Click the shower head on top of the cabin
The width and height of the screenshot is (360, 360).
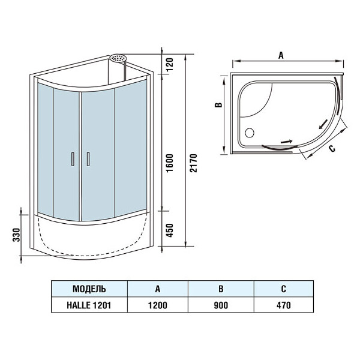tap(119, 59)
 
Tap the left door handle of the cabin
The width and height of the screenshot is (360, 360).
tap(72, 159)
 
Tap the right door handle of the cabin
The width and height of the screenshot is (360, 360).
tap(88, 159)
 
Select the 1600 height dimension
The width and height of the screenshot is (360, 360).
tap(170, 162)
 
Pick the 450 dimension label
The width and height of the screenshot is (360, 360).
tap(170, 230)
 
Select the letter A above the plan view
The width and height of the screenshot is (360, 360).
tap(281, 54)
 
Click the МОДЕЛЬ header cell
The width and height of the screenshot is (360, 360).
tap(89, 289)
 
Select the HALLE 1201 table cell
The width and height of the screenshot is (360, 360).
tap(89, 305)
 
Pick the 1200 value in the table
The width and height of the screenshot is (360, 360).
tap(158, 305)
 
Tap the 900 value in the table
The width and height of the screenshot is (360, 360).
tap(221, 305)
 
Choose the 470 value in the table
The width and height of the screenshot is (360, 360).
tap(283, 305)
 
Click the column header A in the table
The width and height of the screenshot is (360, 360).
tap(158, 289)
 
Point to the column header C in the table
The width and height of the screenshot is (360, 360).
tap(283, 289)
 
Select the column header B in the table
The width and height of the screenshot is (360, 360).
tap(221, 289)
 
